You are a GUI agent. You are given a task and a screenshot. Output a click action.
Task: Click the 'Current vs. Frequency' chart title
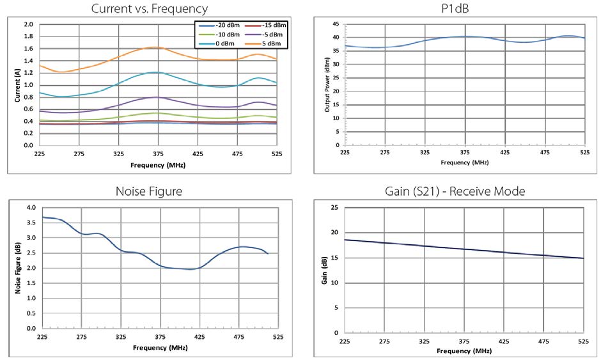[x=150, y=8]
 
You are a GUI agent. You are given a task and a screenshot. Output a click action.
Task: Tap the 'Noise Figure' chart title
[x=150, y=191]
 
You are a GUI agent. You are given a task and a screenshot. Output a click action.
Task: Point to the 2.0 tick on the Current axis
[x=28, y=24]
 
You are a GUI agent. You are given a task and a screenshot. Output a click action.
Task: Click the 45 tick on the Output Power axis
[x=335, y=24]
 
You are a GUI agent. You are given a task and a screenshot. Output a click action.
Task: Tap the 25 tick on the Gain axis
[x=334, y=208]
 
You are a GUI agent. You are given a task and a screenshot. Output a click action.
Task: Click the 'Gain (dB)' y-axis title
[x=326, y=270]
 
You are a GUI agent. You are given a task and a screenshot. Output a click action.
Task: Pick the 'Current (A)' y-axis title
[x=18, y=84]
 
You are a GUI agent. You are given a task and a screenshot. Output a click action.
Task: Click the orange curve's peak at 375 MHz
[x=157, y=47]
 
